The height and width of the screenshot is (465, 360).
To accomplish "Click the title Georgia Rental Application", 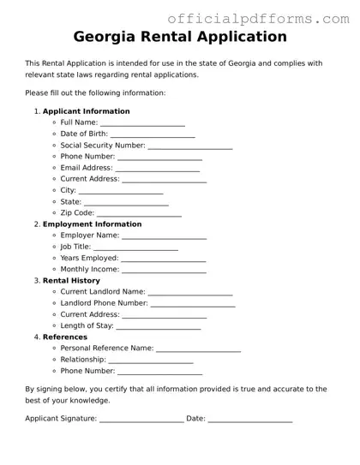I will [180, 37].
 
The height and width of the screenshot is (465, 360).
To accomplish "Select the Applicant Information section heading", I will [87, 111].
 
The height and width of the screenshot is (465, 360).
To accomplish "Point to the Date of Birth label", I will [84, 134].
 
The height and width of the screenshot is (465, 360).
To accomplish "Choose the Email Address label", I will [87, 168].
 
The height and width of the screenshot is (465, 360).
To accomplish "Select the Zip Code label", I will [77, 213].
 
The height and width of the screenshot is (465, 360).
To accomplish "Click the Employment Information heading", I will [93, 224].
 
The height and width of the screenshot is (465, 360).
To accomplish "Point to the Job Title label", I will [75, 247].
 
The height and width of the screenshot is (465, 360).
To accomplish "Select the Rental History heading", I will [71, 281].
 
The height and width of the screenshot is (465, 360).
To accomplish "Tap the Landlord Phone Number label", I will [105, 303].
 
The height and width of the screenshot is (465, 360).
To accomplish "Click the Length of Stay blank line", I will [159, 327].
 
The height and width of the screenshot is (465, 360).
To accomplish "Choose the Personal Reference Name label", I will [107, 349].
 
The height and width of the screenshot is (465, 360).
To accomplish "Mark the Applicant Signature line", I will [141, 420].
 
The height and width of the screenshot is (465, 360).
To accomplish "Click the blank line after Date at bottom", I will [250, 420].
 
